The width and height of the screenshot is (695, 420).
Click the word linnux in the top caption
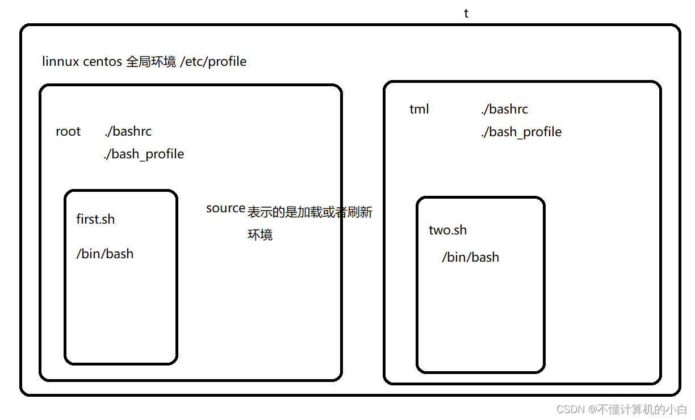point(61,61)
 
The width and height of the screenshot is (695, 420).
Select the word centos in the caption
point(102,61)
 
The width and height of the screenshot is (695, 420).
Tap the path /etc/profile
point(213,61)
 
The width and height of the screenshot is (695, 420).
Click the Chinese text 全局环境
point(150,61)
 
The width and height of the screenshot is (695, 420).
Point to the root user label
point(68,132)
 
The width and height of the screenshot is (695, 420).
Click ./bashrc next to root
point(128,132)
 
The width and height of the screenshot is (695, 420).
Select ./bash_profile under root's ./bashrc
point(144,154)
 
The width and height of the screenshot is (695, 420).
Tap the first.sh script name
point(95,220)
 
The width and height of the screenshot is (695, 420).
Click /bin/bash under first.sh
point(105,254)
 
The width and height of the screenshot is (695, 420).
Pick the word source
point(225,208)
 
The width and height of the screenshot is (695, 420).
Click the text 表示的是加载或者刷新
point(310,212)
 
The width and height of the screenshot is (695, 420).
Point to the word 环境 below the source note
point(260,234)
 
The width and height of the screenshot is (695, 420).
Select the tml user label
point(419,109)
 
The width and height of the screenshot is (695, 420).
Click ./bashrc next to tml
point(504,109)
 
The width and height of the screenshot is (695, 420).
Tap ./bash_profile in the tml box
point(521,132)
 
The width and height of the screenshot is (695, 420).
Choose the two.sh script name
point(447,230)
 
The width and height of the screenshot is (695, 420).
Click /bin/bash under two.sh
point(471,257)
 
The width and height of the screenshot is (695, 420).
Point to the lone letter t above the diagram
point(466,14)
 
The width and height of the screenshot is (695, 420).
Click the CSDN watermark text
point(622,409)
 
